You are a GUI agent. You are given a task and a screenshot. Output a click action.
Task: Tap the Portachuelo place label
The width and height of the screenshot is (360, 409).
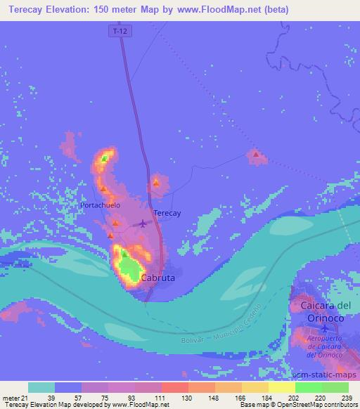click(x=101, y=205)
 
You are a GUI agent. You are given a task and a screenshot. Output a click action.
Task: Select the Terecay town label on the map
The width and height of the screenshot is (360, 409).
click(x=167, y=213)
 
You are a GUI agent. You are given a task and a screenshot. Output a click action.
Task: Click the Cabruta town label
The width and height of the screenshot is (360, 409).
click(x=159, y=278)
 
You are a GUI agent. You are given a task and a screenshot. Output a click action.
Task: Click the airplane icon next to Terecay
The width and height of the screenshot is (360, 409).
click(x=143, y=223)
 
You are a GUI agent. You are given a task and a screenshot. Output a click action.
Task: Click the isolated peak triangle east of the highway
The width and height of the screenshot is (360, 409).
click(x=256, y=155)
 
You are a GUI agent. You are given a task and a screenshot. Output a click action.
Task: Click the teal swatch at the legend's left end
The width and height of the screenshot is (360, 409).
click(x=41, y=387)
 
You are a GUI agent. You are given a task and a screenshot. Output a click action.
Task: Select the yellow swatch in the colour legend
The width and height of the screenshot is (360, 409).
click(x=281, y=387)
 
